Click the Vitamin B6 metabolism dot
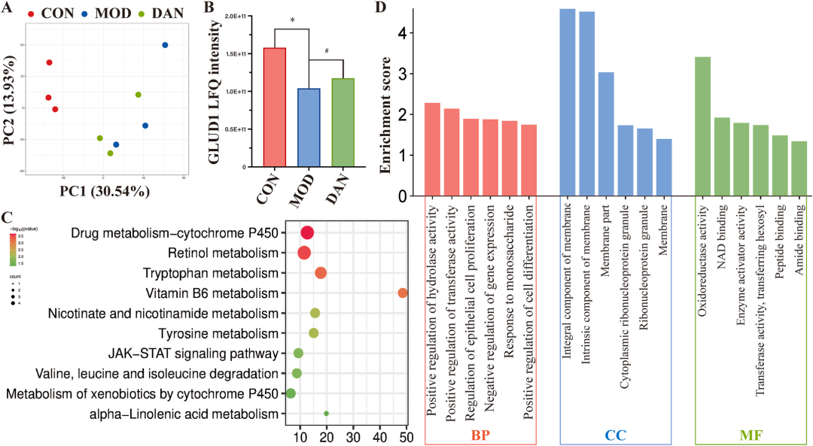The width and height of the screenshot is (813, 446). coord(403,293)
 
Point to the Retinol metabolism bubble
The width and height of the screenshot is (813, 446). coord(304,253)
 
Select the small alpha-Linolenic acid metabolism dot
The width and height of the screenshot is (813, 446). coord(326,413)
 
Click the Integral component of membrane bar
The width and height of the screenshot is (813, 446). coord(568,102)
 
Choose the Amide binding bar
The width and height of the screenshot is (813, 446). coord(799,168)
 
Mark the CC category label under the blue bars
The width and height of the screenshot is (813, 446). coord(616,435)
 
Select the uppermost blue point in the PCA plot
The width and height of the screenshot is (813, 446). coord(165,45)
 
